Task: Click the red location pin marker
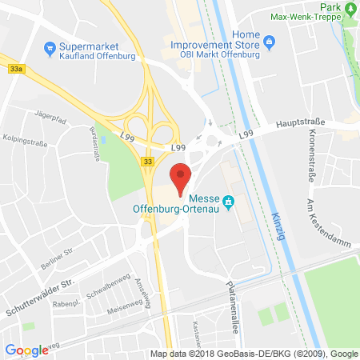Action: point(182,177)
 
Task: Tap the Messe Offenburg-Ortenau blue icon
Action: point(228,201)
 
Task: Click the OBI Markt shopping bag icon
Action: point(268,40)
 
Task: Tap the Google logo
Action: point(26,350)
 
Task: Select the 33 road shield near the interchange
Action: point(147,162)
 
